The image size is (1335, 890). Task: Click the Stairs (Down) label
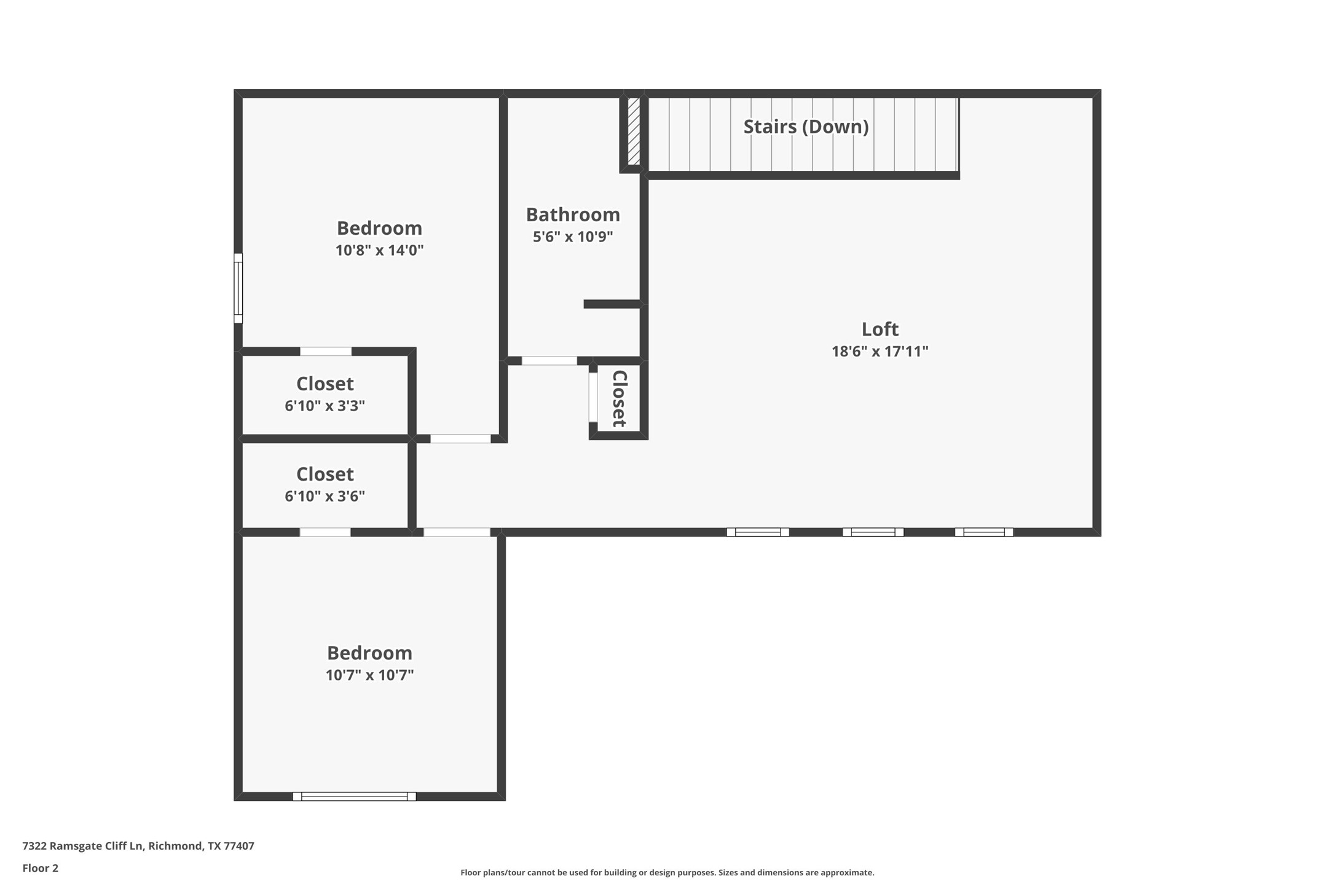[x=806, y=127]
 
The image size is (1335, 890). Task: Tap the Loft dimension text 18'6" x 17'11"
[x=880, y=352]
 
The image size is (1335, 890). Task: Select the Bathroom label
[x=573, y=215]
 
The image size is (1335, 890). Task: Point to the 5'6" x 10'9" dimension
[x=573, y=237]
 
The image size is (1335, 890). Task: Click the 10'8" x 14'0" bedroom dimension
[x=379, y=250]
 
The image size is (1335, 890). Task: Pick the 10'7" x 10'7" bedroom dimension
[x=369, y=675]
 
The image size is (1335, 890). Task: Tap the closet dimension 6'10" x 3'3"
[x=325, y=406]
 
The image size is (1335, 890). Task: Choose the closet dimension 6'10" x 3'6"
[x=325, y=496]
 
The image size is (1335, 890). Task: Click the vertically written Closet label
[x=619, y=398]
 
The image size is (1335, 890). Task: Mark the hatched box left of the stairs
[x=634, y=131]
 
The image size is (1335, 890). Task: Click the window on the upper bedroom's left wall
[x=238, y=288]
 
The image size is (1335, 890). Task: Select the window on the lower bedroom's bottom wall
[x=354, y=797]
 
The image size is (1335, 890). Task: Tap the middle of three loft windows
[x=873, y=532]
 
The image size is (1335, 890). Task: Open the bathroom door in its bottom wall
[x=549, y=361]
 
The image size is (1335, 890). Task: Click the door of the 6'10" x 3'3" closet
[x=326, y=352]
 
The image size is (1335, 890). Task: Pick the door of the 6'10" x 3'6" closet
[x=325, y=532]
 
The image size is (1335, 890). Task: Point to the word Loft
[x=880, y=329]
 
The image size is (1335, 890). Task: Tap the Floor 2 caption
[x=41, y=868]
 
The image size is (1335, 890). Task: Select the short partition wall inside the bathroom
[x=612, y=304]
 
